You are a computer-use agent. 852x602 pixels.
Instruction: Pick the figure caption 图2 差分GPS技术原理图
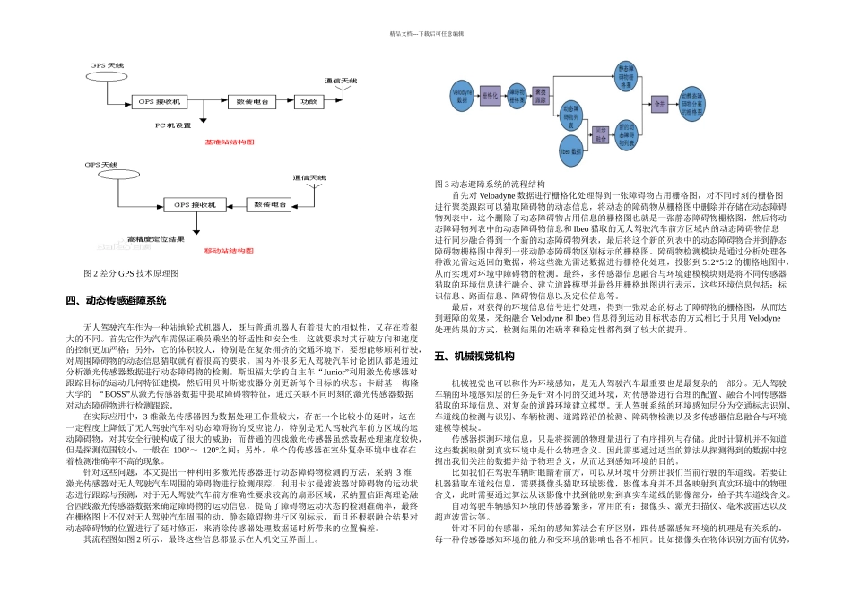point(130,272)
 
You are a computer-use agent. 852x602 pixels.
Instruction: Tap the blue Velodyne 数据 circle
point(463,94)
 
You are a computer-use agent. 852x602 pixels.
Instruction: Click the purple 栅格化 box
point(490,94)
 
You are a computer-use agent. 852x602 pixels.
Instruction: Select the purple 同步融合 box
point(603,134)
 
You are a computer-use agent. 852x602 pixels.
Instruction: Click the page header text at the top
point(426,33)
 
